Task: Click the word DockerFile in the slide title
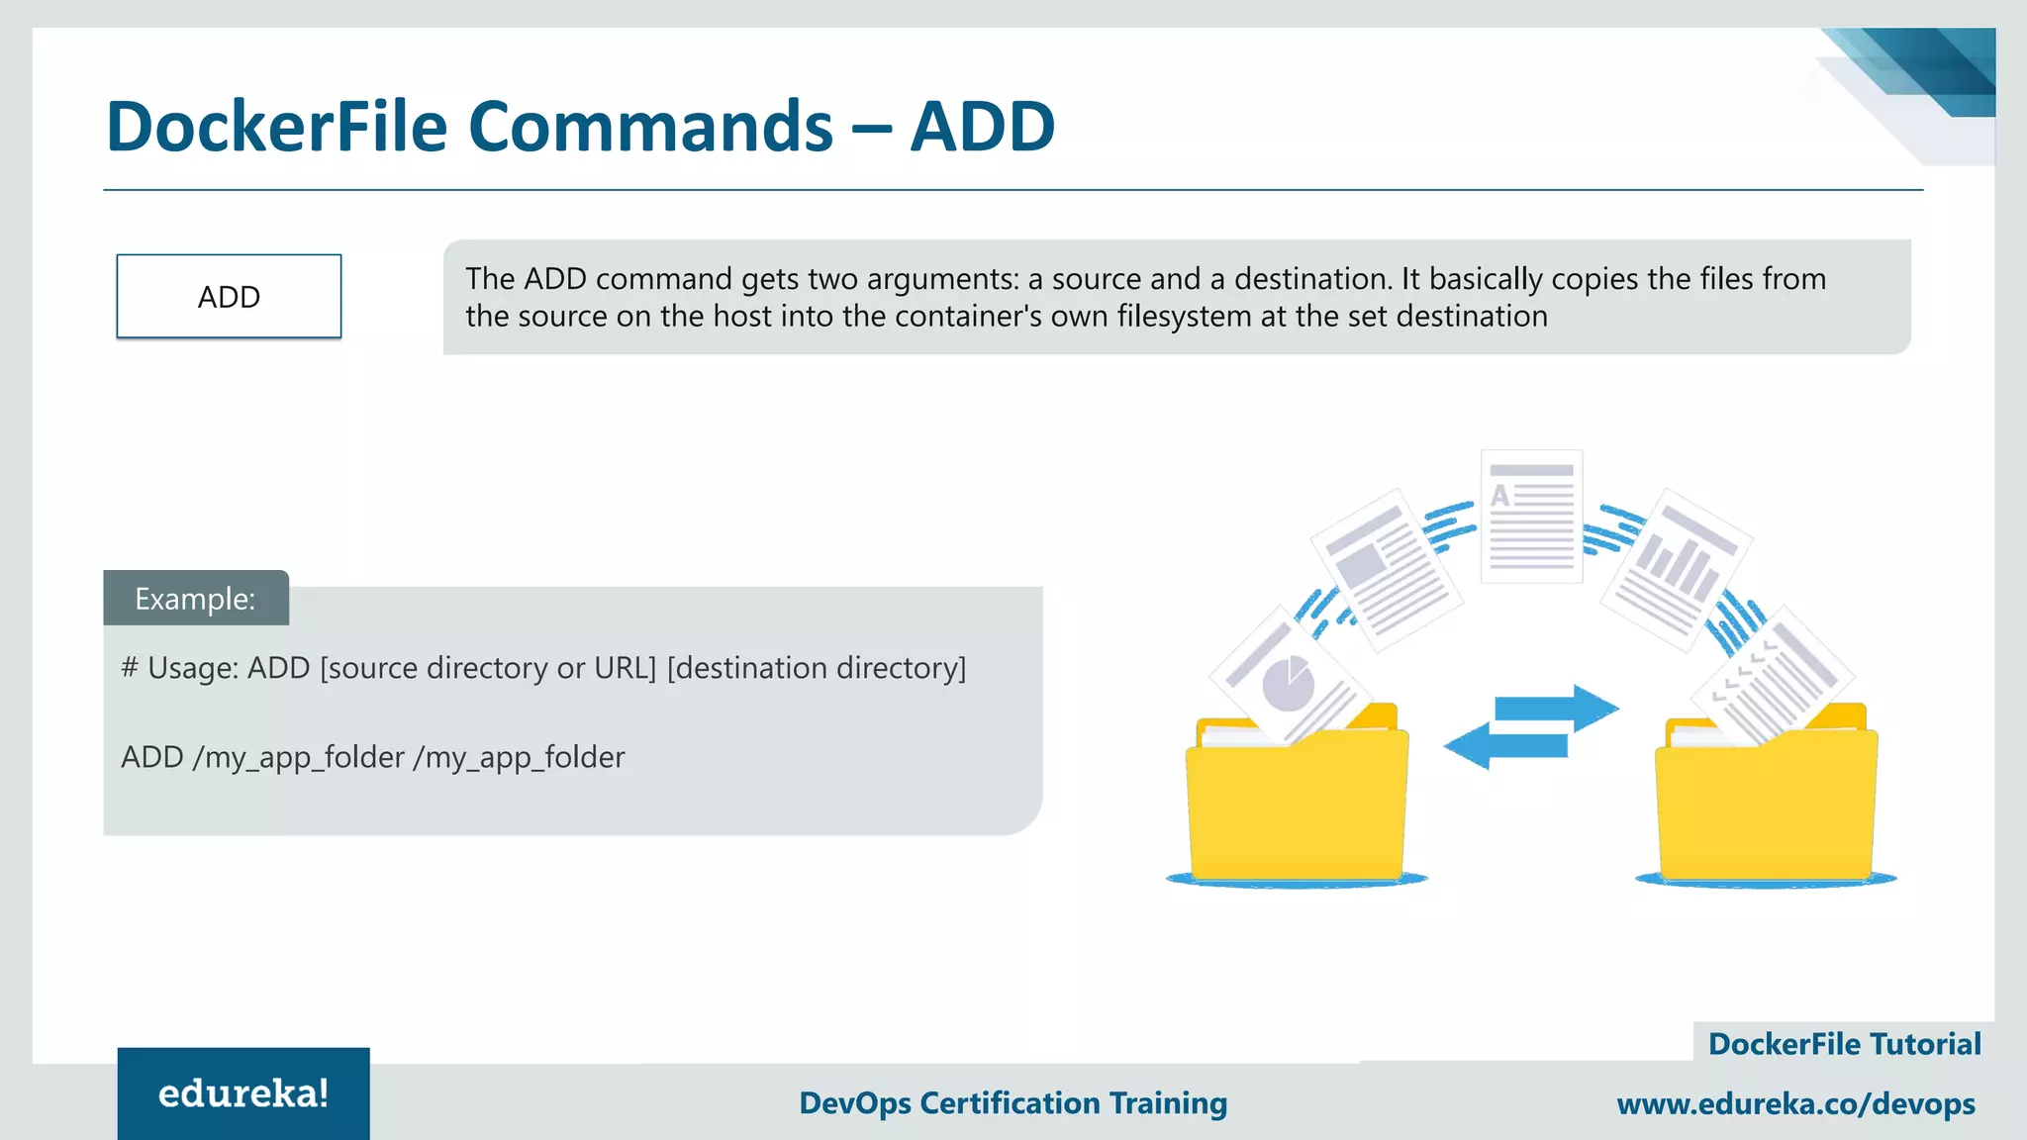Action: point(276,127)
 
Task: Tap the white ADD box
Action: point(229,297)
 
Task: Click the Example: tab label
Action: point(195,599)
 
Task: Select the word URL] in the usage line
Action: point(626,668)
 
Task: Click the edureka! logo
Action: point(243,1093)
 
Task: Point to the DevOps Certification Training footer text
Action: point(1013,1102)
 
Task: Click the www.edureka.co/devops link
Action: point(1795,1103)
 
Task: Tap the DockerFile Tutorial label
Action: point(1844,1044)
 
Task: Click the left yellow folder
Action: point(1297,802)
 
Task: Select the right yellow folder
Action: point(1767,802)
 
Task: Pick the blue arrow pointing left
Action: point(1505,745)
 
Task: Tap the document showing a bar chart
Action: point(1676,569)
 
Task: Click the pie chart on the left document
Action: point(1288,684)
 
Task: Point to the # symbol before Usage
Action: point(130,668)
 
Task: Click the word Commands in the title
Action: point(650,127)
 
